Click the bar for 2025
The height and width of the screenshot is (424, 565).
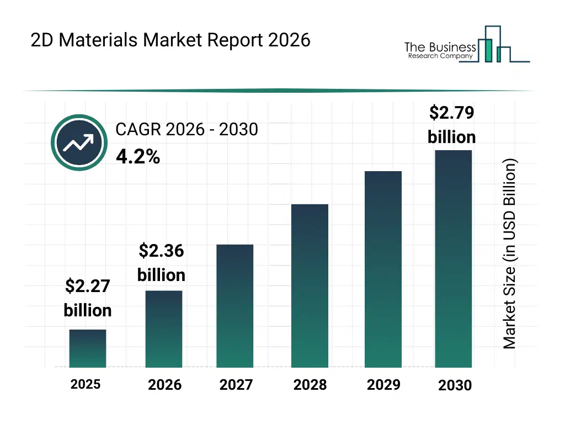88,348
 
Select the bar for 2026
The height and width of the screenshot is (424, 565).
164,329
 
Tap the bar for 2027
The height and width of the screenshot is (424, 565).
235,306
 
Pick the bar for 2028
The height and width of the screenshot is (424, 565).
310,286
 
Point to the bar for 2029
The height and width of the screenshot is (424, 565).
383,269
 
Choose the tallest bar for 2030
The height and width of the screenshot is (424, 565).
454,258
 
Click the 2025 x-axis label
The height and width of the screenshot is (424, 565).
86,384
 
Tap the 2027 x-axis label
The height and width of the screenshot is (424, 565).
236,385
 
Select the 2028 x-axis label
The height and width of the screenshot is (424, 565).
310,385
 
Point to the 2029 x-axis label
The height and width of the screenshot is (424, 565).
383,385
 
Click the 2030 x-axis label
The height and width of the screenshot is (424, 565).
455,385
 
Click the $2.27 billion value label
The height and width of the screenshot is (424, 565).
88,298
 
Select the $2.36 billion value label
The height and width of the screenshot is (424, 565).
161,263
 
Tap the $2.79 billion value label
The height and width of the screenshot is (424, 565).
452,125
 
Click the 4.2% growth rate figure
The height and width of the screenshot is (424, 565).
138,157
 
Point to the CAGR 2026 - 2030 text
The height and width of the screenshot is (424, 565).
186,129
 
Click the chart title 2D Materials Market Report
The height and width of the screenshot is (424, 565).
170,40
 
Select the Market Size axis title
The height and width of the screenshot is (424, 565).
510,254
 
